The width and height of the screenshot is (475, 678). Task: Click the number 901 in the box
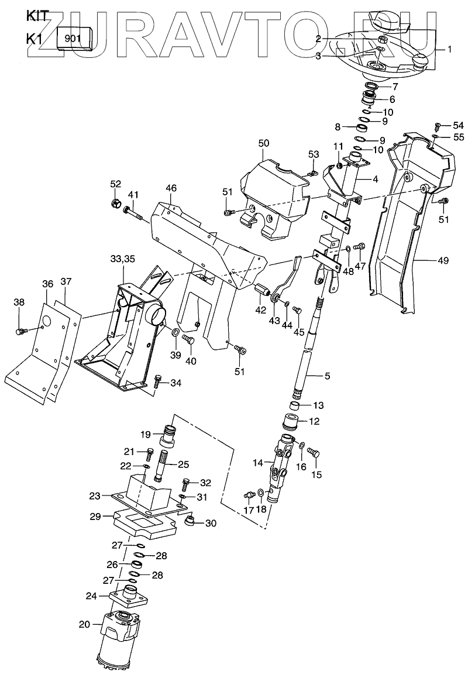click(73, 40)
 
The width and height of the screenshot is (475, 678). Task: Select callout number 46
click(171, 188)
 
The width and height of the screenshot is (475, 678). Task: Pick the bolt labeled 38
click(20, 332)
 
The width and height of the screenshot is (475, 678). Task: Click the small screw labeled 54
click(438, 126)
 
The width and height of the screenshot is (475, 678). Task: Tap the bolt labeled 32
click(187, 484)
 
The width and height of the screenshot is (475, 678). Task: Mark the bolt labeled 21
click(149, 452)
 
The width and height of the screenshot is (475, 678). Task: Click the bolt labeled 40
click(189, 340)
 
